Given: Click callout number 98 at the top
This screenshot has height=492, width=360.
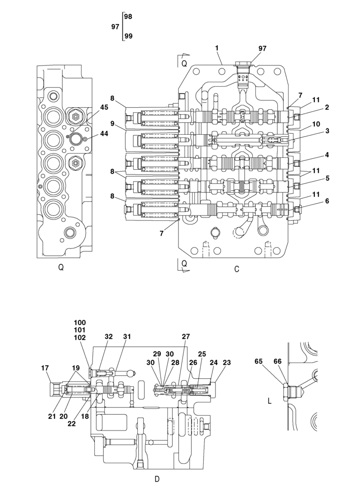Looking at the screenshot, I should [x=128, y=16].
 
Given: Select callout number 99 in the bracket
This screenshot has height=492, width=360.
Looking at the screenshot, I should [x=128, y=36].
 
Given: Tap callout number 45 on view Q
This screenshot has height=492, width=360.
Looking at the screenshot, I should [x=104, y=107].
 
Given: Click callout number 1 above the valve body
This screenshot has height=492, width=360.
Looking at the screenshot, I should [x=216, y=48].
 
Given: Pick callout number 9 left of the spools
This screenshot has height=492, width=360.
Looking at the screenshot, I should [x=112, y=123].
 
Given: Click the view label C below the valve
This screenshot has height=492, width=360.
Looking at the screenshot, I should [x=237, y=269].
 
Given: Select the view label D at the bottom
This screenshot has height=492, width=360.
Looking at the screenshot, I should [x=157, y=479].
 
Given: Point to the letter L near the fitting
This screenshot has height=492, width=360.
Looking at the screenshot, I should [x=269, y=401].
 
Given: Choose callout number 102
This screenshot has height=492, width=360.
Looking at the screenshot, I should [x=80, y=338].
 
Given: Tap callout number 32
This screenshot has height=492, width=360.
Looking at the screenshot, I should [x=108, y=337].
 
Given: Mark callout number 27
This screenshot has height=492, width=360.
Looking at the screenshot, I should [x=185, y=337].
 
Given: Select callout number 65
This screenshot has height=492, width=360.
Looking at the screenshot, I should [x=259, y=361].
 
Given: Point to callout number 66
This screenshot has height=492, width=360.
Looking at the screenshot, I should [x=277, y=361].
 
